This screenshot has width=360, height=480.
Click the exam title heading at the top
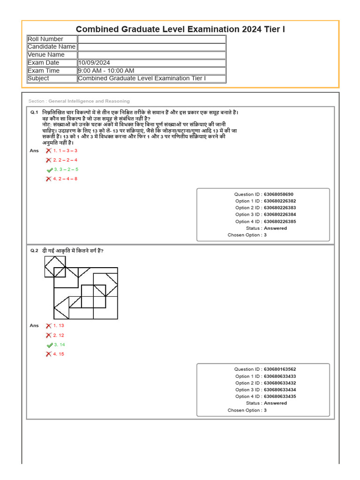pos(180,30)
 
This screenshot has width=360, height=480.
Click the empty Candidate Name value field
pos(151,47)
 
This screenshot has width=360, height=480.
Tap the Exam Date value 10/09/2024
pos(94,63)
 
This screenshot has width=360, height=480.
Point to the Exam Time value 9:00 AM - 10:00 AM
pos(106,71)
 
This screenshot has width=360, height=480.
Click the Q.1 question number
pos(34,112)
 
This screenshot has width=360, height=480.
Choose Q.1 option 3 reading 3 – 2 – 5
pos(66,169)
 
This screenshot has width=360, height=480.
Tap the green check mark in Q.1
pos(49,170)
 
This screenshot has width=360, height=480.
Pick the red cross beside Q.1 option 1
pos(49,150)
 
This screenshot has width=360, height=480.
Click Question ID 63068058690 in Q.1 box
pos(278,194)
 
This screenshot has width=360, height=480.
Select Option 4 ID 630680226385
pos(280,221)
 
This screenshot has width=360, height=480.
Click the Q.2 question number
pos(34,251)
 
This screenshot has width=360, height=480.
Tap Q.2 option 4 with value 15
pos(59,354)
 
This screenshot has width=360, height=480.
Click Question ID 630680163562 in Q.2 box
pos(280,369)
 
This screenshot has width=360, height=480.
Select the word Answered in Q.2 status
pos(275,403)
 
